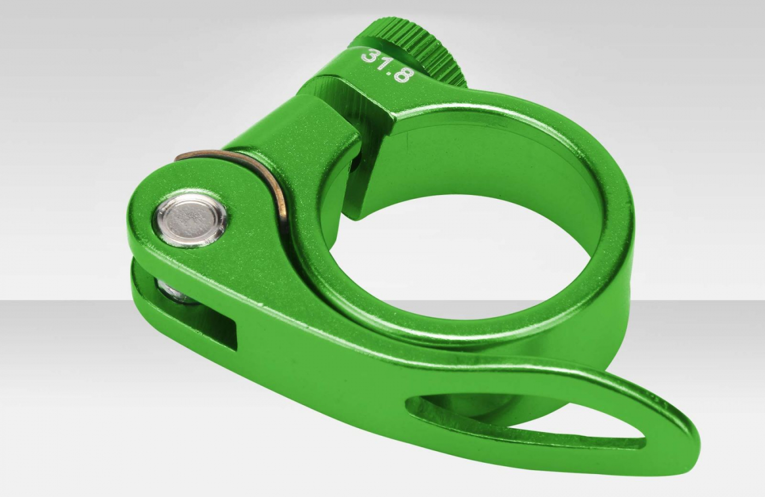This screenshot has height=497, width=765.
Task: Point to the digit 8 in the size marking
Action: (402, 78)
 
